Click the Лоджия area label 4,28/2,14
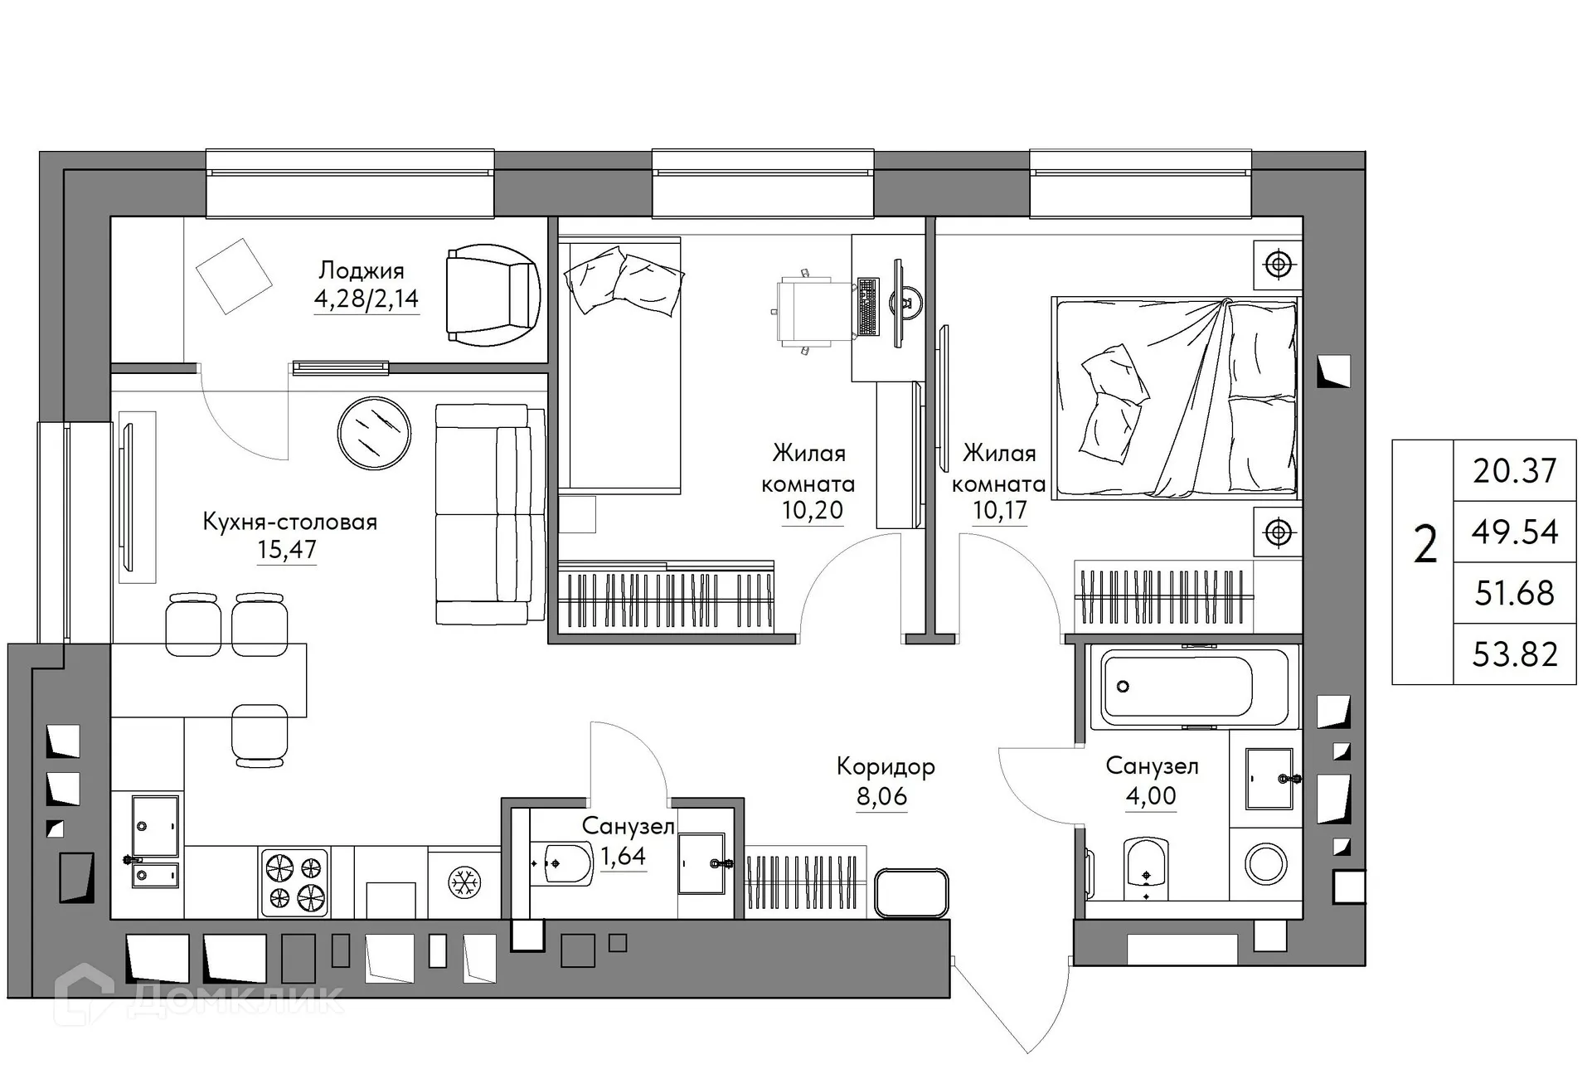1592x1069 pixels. tap(366, 298)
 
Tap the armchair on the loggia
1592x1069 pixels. tap(491, 294)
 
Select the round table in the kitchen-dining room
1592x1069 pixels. tap(374, 433)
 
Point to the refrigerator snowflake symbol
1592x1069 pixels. tap(464, 882)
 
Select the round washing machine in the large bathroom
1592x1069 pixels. tap(1266, 863)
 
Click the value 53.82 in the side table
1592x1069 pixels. tap(1514, 654)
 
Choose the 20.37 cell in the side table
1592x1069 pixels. tap(1514, 470)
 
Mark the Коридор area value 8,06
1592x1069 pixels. tap(881, 796)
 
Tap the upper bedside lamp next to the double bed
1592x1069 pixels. tap(1278, 265)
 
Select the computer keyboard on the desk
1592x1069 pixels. tap(867, 307)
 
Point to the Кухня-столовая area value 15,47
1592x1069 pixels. tap(287, 549)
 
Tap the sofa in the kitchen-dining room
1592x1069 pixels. tap(489, 514)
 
